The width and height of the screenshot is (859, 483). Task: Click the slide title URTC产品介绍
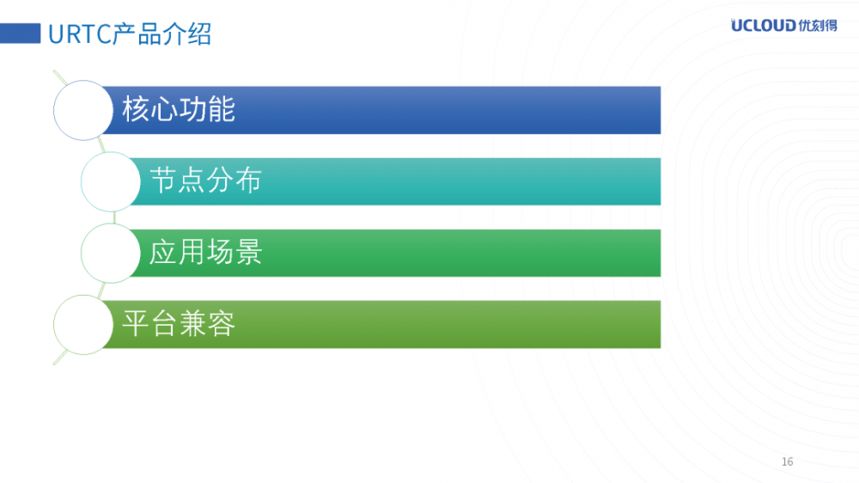[x=130, y=34]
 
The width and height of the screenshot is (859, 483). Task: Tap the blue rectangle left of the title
[x=21, y=34]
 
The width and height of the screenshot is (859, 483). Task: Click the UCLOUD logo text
[x=763, y=25]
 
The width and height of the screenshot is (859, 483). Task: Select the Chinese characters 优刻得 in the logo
[x=817, y=25]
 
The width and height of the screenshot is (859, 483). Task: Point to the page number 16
[x=788, y=462]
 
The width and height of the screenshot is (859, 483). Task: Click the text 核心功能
[x=179, y=110]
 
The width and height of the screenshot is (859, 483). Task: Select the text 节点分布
[x=205, y=181]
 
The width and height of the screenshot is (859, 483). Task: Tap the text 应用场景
[x=205, y=253]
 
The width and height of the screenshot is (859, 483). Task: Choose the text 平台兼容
[x=179, y=324]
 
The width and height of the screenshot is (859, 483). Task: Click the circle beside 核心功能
[x=83, y=110]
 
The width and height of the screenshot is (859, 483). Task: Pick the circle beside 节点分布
[x=111, y=181]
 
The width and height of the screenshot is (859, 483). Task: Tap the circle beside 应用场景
[x=111, y=253]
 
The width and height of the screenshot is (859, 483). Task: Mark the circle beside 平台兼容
[x=83, y=324]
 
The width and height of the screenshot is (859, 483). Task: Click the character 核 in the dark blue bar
[x=137, y=110]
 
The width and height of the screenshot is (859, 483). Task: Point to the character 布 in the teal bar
[x=248, y=181]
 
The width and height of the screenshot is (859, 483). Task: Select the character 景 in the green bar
[x=248, y=253]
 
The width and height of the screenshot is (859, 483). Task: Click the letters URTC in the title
[x=76, y=34]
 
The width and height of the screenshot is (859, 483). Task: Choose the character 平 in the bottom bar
[x=137, y=324]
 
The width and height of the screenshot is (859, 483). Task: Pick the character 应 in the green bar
[x=163, y=253]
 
